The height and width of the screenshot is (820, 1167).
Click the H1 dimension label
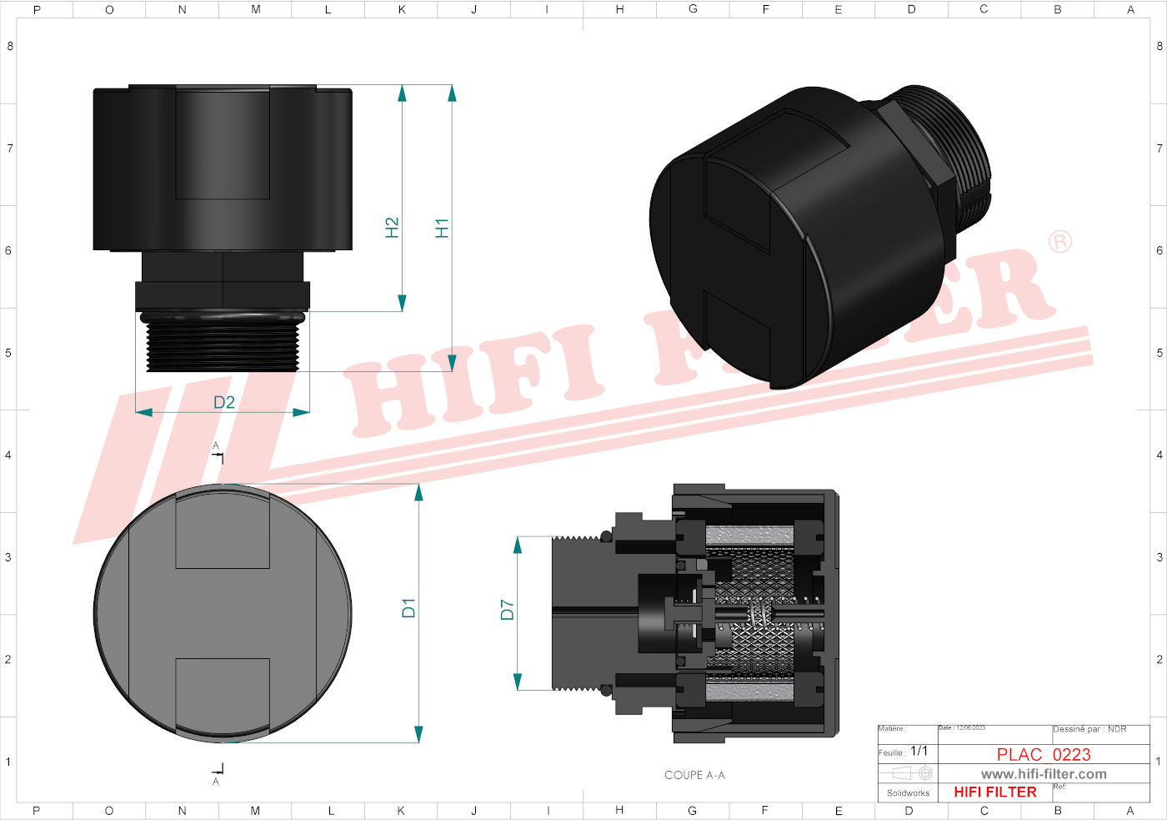coord(442,228)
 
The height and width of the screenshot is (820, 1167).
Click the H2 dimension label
coord(392,228)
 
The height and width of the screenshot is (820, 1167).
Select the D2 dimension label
coord(224,402)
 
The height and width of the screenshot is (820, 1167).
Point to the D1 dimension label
coord(408,608)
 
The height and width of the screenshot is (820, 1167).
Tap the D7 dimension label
coord(507,610)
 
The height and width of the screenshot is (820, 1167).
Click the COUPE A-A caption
coord(694,775)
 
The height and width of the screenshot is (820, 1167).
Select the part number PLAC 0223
coord(1044,754)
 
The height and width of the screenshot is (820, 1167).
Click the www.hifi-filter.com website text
coord(1044,774)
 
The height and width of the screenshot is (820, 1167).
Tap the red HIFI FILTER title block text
coord(995,792)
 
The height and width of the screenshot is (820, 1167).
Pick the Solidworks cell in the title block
coord(908,792)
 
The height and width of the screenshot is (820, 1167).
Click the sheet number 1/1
coord(919,751)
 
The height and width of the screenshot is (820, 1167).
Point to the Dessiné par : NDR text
coord(1089,729)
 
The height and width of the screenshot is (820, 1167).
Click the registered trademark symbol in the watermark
coord(1059,242)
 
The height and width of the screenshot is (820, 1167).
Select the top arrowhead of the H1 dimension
coord(452,93)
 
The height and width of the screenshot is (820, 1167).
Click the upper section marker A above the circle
coord(216,445)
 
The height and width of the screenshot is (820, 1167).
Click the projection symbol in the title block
coord(908,773)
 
